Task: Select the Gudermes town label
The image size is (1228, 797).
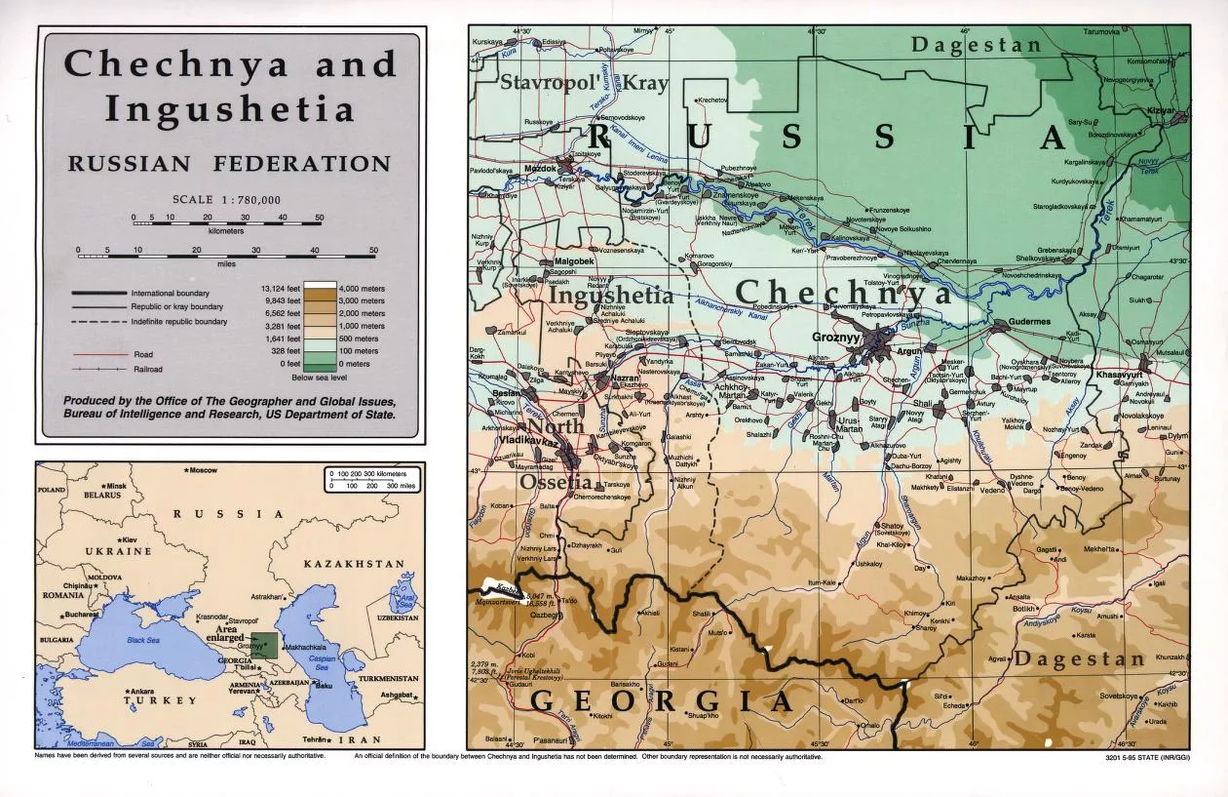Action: click(x=1018, y=321)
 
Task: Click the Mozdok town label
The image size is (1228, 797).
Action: click(x=541, y=168)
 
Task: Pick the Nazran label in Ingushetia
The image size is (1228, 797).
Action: click(x=625, y=377)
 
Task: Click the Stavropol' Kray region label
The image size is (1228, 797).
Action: click(x=584, y=83)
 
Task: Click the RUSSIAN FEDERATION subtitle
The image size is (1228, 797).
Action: click(x=229, y=164)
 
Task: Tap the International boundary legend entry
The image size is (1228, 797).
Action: click(x=171, y=293)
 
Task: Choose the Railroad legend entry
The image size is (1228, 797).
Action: click(x=147, y=370)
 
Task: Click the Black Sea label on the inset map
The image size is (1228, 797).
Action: click(x=141, y=639)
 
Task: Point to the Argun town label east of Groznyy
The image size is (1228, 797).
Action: click(x=907, y=350)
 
